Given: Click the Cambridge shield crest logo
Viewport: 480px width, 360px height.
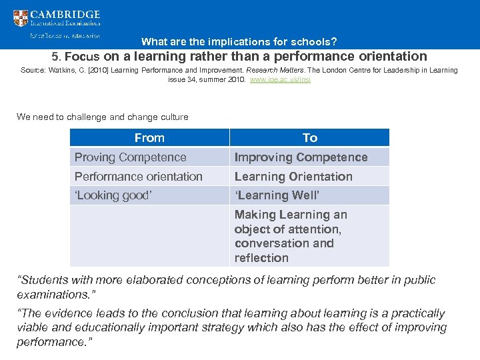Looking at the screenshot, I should pos(21,18).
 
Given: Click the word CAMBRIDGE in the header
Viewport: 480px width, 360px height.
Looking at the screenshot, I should pos(65,14).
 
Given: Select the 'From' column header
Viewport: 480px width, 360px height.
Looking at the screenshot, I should pos(149,138).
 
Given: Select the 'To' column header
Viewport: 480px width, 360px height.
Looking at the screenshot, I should pos(309,138).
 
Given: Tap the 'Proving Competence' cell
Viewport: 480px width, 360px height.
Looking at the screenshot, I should pos(131,157).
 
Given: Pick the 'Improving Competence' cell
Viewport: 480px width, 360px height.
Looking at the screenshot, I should pos(301,157).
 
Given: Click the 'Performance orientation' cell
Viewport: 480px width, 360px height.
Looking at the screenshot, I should pos(139,177).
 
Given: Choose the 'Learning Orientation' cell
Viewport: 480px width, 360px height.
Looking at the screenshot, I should pos(293,177).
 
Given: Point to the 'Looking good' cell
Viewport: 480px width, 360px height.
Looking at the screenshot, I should pos(113,196).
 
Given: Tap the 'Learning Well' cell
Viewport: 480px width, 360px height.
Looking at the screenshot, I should pos(277,196).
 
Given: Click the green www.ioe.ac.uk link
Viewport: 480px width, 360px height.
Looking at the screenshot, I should pos(279,79).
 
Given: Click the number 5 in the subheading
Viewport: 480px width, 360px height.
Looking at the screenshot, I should pos(56,57).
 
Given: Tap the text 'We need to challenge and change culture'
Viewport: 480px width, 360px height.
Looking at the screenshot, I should pos(103,117).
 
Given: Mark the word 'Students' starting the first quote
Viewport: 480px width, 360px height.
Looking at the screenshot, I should pos(46,280).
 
